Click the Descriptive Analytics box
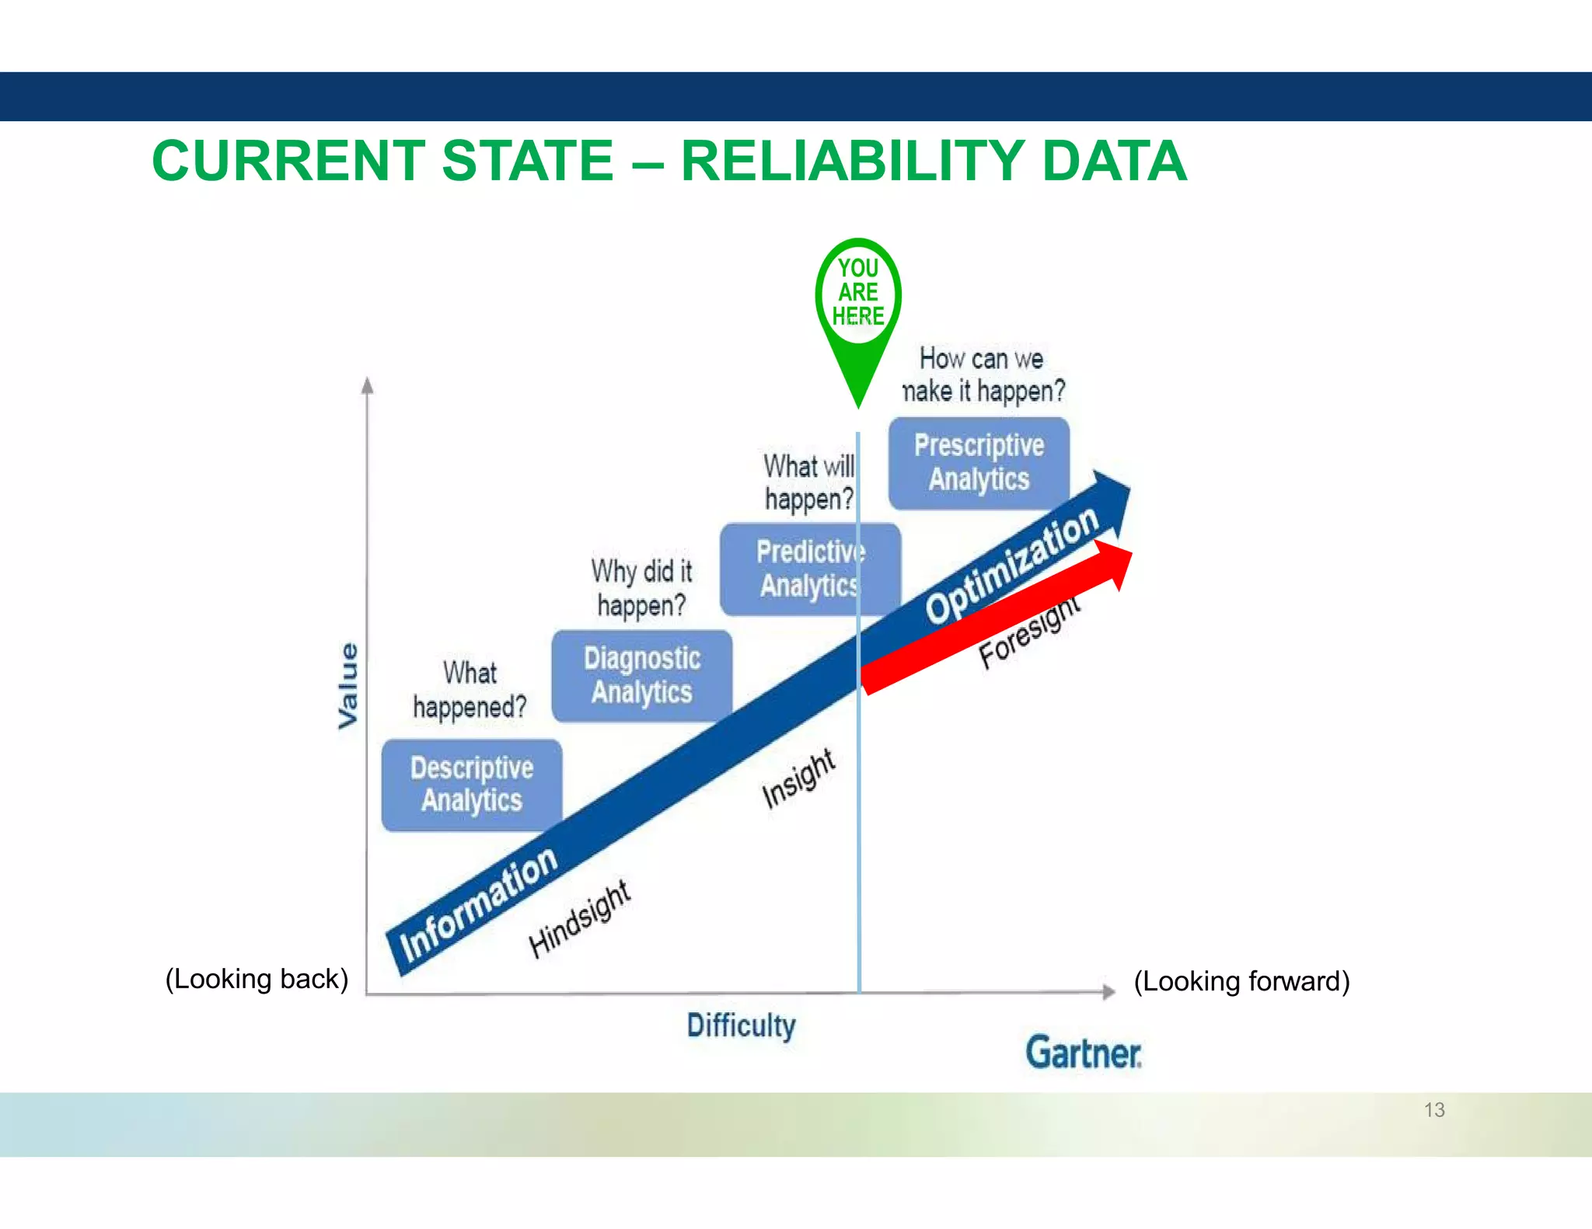click(471, 785)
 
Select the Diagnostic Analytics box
click(641, 675)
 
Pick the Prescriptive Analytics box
click(979, 463)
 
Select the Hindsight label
click(579, 920)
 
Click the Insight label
click(798, 778)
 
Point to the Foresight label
click(1028, 632)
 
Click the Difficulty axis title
click(741, 1026)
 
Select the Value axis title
click(348, 685)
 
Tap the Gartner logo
click(1083, 1053)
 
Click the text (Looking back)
click(257, 979)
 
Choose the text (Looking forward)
click(1241, 981)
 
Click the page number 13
click(1434, 1109)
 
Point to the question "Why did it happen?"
click(641, 588)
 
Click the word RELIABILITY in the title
click(852, 162)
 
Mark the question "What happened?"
click(470, 690)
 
